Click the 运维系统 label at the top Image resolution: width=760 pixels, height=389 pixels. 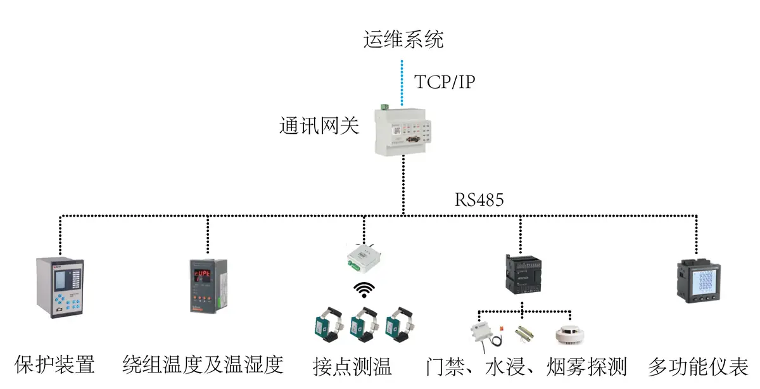click(403, 39)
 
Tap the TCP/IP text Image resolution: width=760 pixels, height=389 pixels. click(444, 82)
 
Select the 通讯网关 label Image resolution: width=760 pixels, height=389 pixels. click(319, 125)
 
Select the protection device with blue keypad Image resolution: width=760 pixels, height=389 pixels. click(61, 288)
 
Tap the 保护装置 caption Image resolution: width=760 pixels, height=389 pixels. click(54, 365)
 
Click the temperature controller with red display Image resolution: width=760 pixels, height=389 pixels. click(207, 286)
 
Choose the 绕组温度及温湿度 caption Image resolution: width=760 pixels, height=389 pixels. click(202, 365)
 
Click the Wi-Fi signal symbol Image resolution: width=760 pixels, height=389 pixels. click(364, 290)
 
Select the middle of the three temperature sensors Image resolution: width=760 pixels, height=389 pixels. click(364, 324)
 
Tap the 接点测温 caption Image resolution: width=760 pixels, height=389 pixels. click(352, 366)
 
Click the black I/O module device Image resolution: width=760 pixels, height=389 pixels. click(521, 272)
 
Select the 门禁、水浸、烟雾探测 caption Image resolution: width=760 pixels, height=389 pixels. click(526, 366)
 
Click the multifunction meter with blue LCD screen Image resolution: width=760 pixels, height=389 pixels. click(697, 281)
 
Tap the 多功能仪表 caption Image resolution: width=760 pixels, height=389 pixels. click(698, 366)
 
